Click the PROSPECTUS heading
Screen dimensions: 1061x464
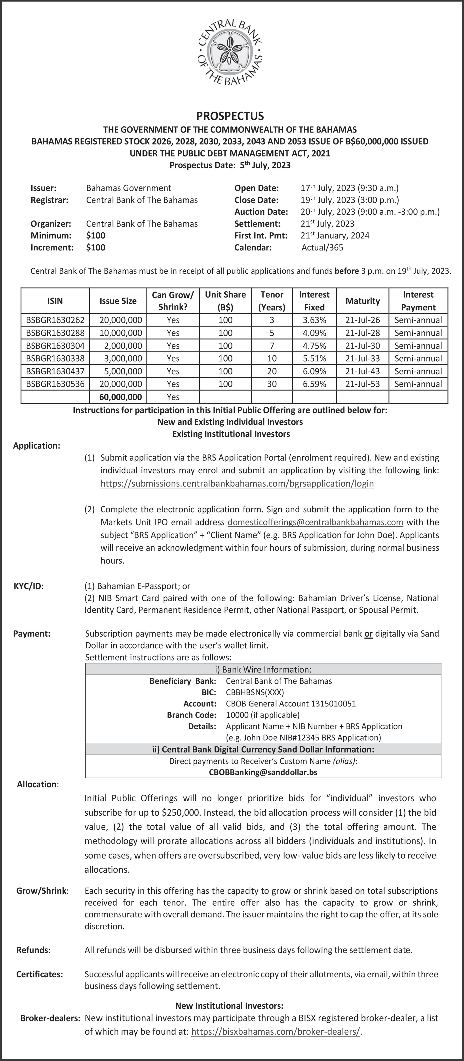(230, 116)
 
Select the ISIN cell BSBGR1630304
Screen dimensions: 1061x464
(55, 345)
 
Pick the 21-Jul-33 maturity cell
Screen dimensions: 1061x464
(362, 358)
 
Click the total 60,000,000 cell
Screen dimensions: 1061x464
(120, 397)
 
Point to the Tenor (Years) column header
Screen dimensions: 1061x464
(272, 301)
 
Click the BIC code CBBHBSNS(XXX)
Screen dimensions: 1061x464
(255, 692)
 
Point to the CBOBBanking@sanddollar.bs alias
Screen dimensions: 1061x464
(263, 772)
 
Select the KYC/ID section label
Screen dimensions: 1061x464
(29, 586)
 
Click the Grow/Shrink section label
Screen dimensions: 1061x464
(42, 891)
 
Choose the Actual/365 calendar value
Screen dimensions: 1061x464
(322, 248)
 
